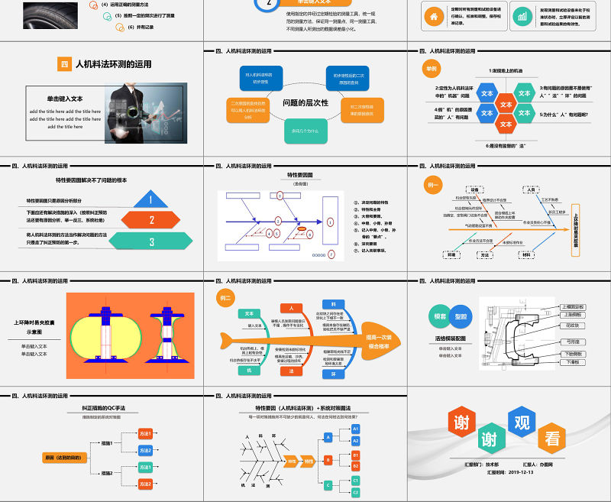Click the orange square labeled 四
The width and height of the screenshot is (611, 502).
point(64,65)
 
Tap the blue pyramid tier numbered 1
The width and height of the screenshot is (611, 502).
point(151,200)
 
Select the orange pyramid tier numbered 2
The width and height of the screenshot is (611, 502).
point(151,220)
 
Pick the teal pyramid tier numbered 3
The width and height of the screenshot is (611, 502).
point(151,241)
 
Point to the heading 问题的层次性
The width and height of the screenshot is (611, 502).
point(305,102)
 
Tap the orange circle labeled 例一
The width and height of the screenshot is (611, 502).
point(434,186)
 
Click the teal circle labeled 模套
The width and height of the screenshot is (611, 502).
point(441,316)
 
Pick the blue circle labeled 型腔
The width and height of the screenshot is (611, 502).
point(461,316)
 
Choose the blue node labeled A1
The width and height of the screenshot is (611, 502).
point(355,430)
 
